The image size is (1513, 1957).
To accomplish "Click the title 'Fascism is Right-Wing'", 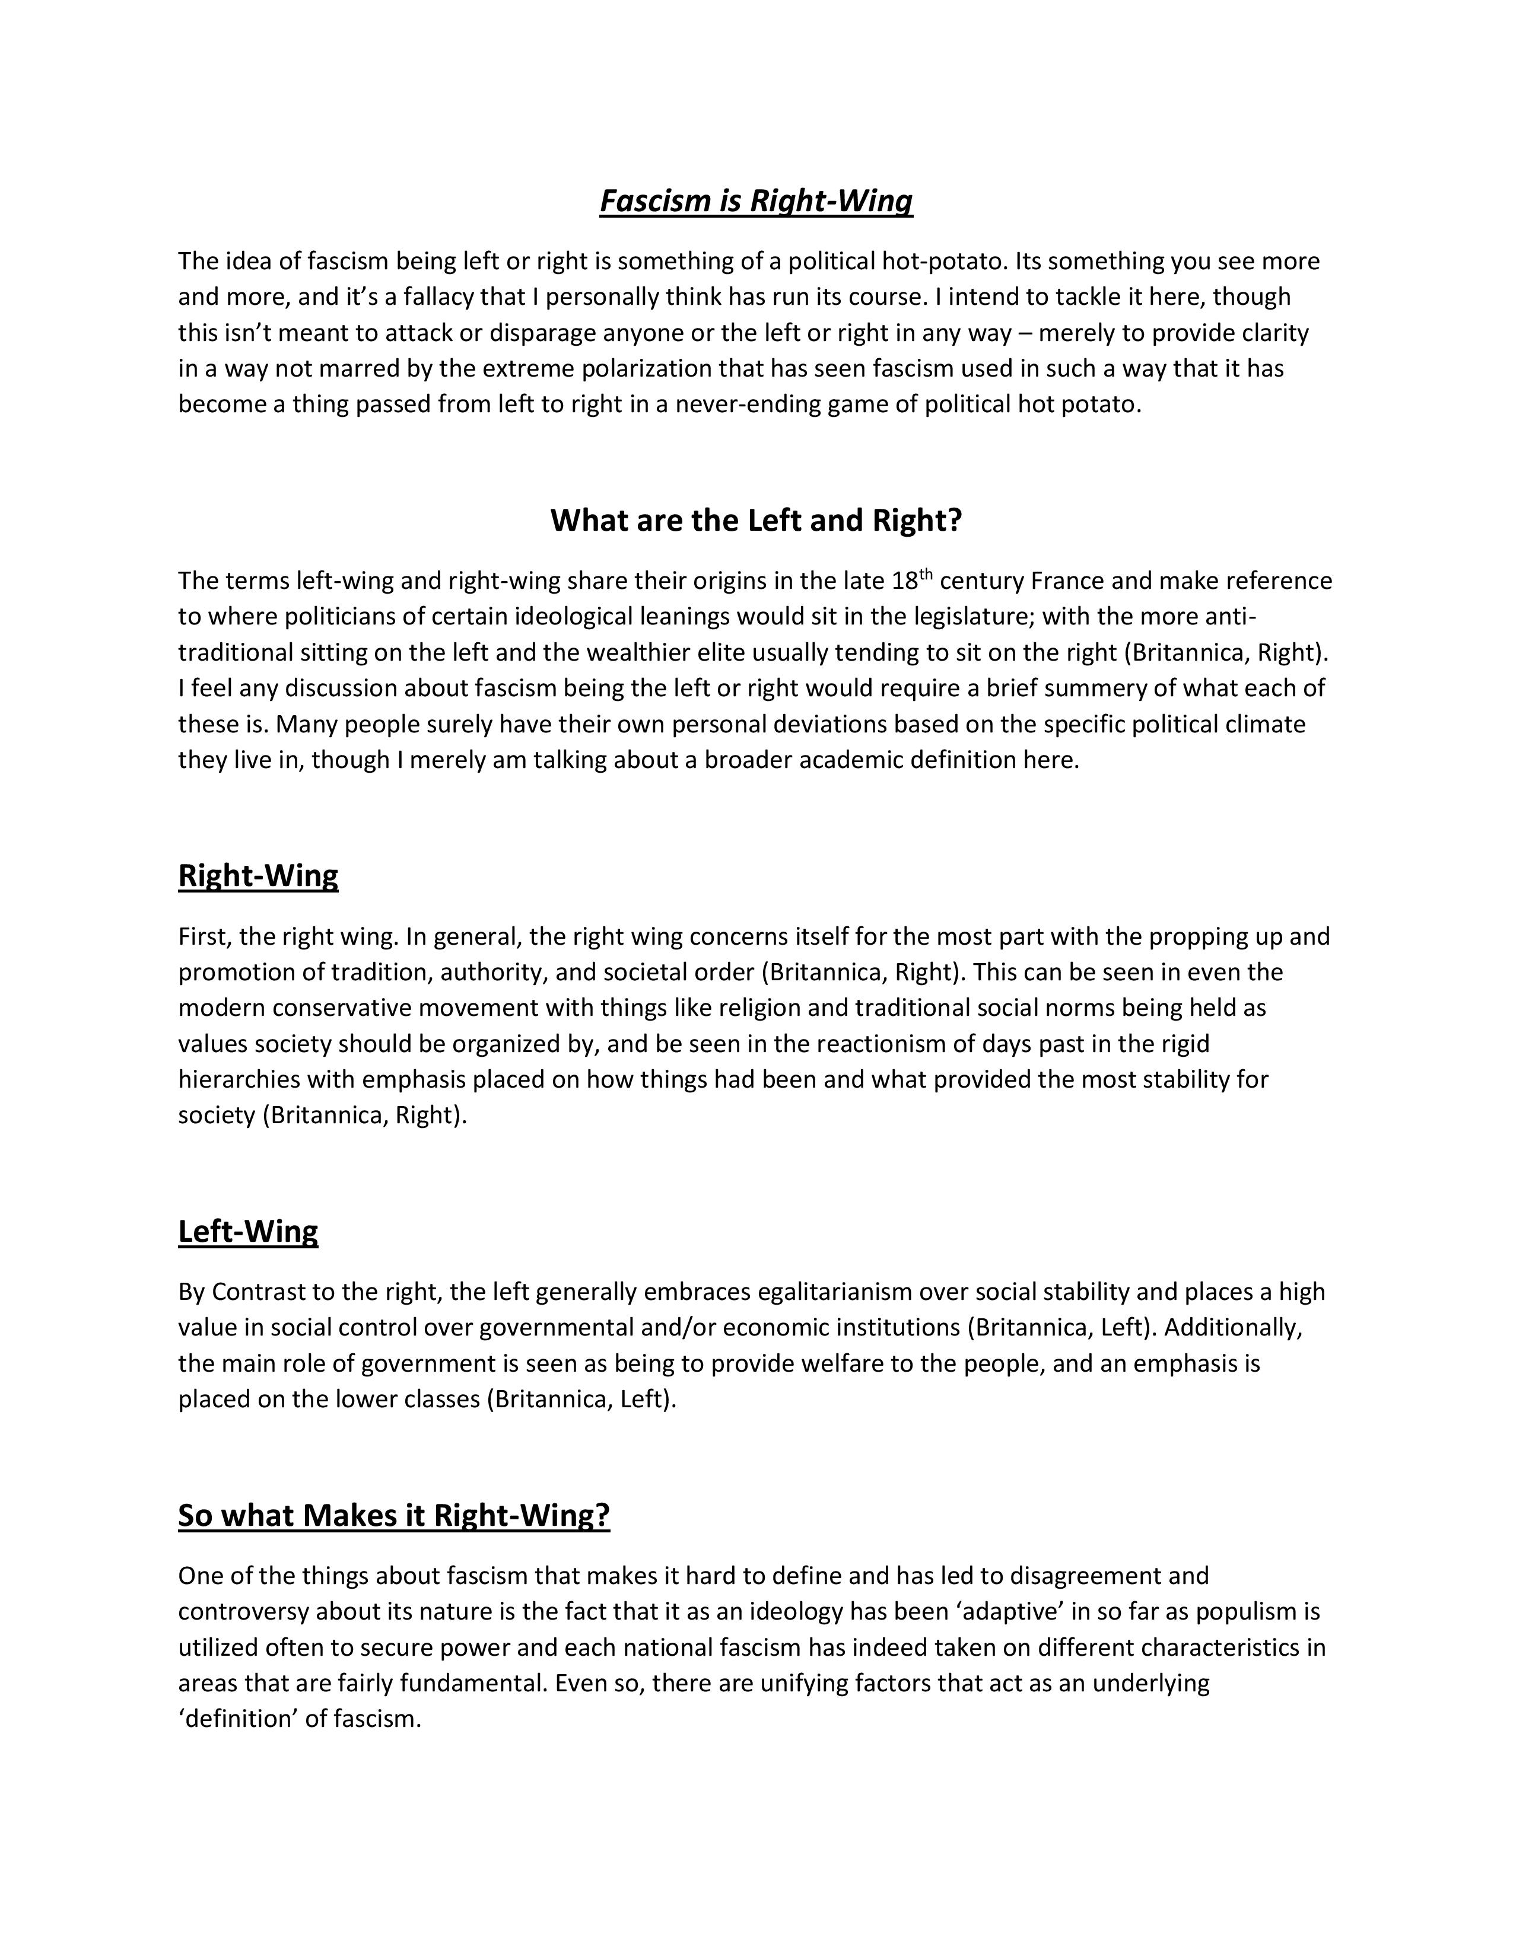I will (x=755, y=200).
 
